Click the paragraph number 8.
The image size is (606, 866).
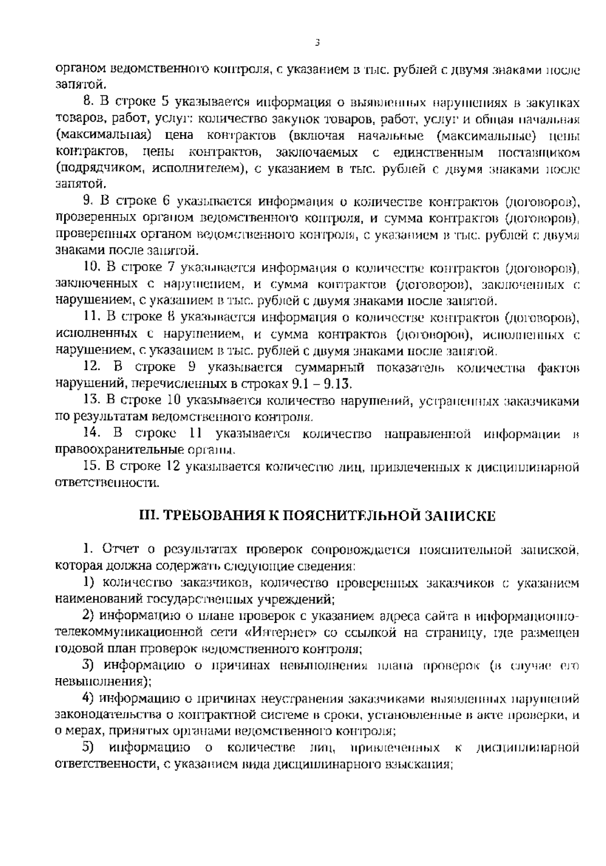89,102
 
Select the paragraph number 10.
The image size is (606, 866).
92,267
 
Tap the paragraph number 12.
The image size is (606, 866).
92,367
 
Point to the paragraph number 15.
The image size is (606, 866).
92,467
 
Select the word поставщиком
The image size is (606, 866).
538,152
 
